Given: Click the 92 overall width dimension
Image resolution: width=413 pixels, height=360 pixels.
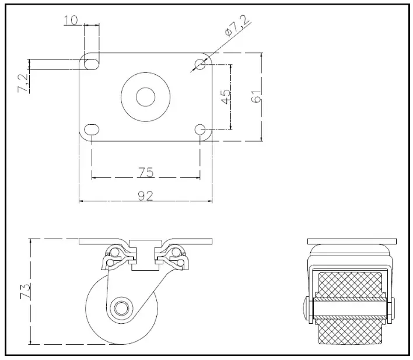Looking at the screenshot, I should (x=146, y=196).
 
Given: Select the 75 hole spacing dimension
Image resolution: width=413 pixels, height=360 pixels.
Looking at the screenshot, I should (x=146, y=172).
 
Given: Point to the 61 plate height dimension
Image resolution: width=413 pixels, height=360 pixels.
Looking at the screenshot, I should (x=255, y=96).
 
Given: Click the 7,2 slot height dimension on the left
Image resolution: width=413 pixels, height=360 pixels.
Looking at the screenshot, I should (x=24, y=82).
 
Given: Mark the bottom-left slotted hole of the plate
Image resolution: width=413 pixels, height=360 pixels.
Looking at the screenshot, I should (x=92, y=129).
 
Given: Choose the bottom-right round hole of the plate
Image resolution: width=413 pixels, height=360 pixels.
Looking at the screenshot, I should (x=199, y=129).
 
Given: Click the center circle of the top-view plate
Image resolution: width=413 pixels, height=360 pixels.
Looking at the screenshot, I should (x=145, y=96).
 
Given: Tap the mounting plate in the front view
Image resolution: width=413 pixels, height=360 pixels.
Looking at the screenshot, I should (x=352, y=240).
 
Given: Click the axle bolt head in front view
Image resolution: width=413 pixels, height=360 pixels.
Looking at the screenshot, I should (x=307, y=307).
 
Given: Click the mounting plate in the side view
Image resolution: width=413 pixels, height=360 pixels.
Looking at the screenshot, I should (x=145, y=241).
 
